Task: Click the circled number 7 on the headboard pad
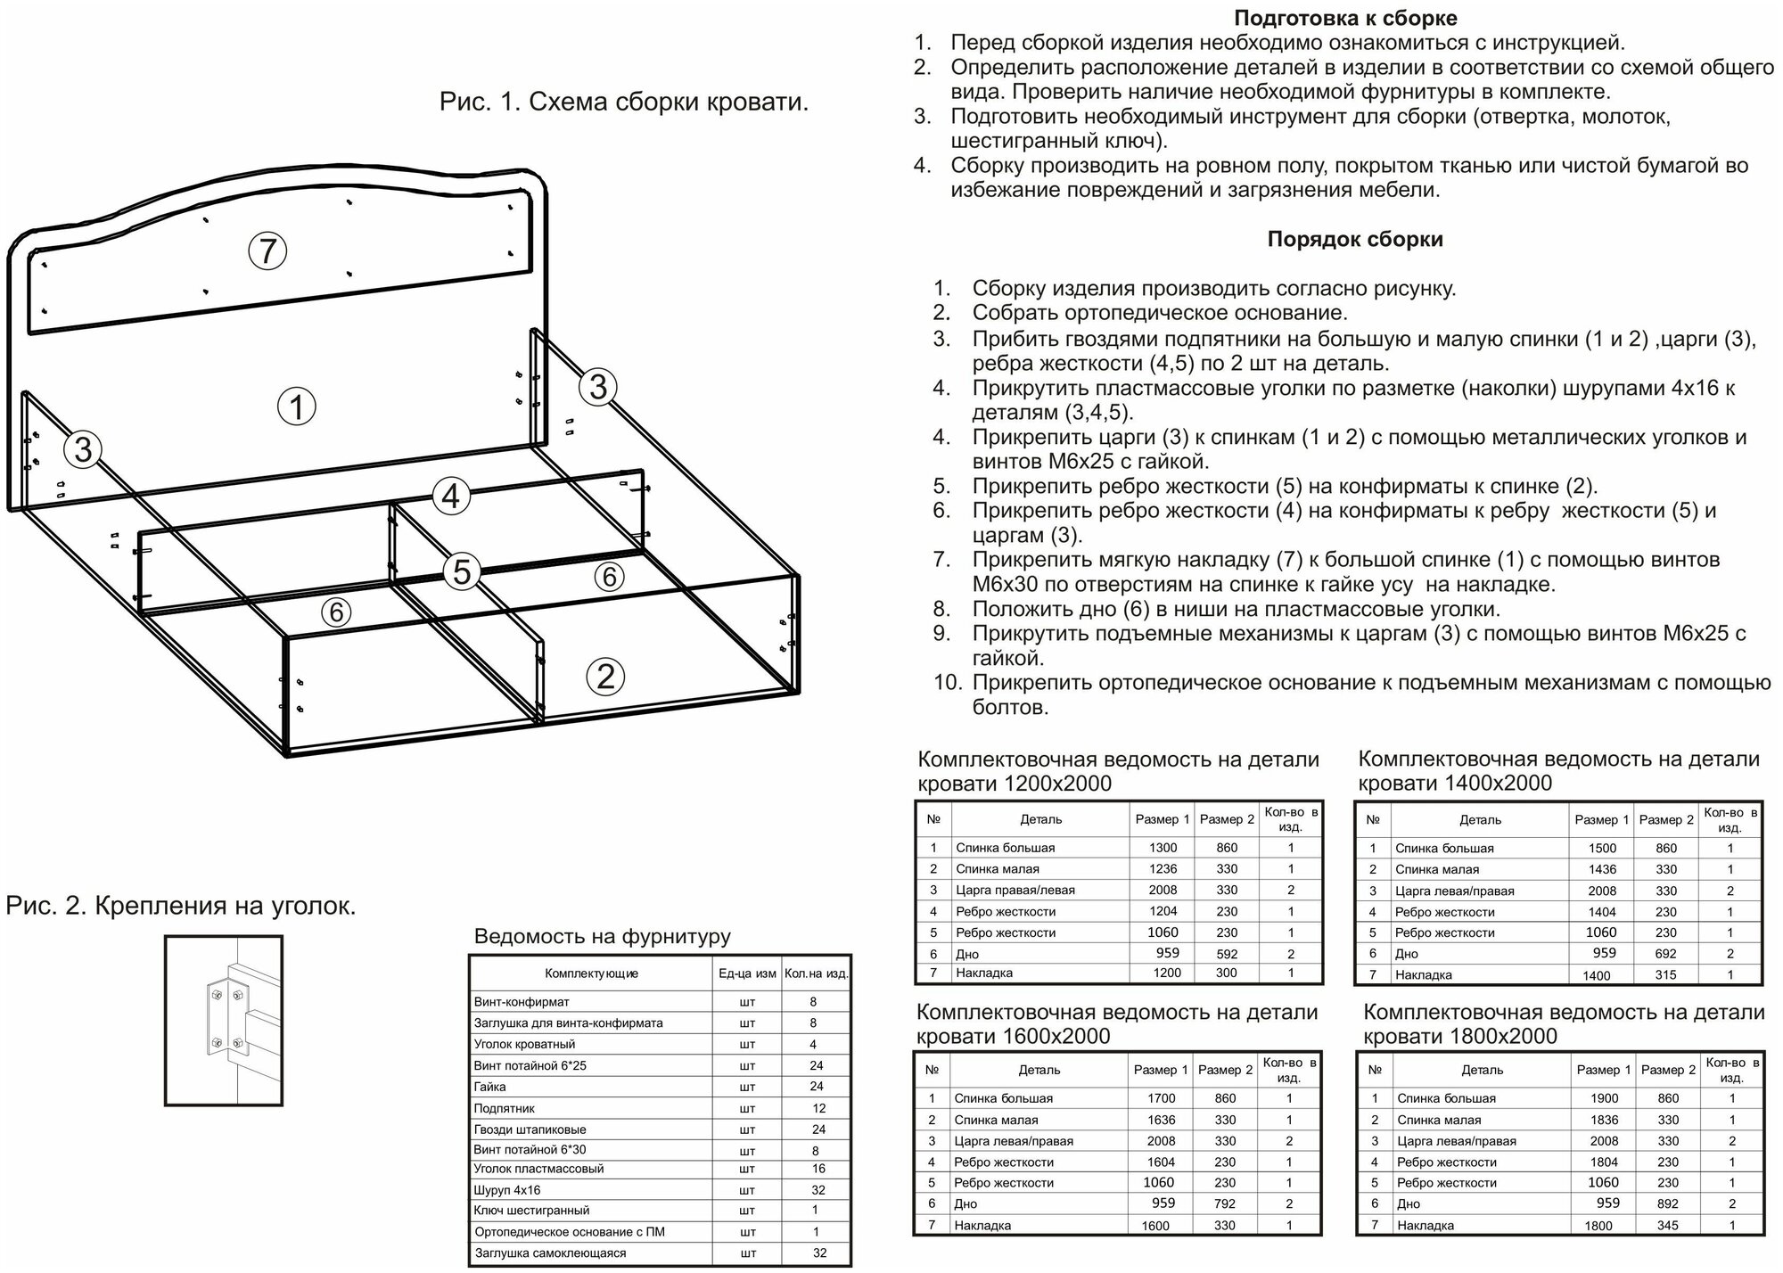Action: tap(267, 251)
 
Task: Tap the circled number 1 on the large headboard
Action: tap(297, 407)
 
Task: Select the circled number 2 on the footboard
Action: tap(605, 677)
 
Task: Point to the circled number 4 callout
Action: tap(451, 496)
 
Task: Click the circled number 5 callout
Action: tap(462, 571)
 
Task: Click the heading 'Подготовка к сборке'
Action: tap(1345, 18)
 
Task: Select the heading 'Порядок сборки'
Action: tap(1355, 239)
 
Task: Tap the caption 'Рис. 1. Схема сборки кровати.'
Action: tap(624, 102)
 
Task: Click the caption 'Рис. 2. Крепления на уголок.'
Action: tap(181, 907)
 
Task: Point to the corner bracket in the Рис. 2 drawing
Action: tap(224, 1018)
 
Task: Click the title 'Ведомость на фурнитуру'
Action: tap(602, 936)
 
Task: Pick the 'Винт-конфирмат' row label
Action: tap(522, 1002)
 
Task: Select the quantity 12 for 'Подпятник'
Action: tap(819, 1108)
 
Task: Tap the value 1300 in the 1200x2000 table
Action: tap(1163, 848)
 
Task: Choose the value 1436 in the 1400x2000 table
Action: tap(1602, 869)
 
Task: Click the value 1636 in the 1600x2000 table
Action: tap(1162, 1120)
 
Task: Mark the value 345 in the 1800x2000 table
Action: tap(1667, 1226)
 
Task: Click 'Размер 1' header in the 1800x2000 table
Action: tap(1602, 1070)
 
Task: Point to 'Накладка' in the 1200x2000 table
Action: tap(984, 973)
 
